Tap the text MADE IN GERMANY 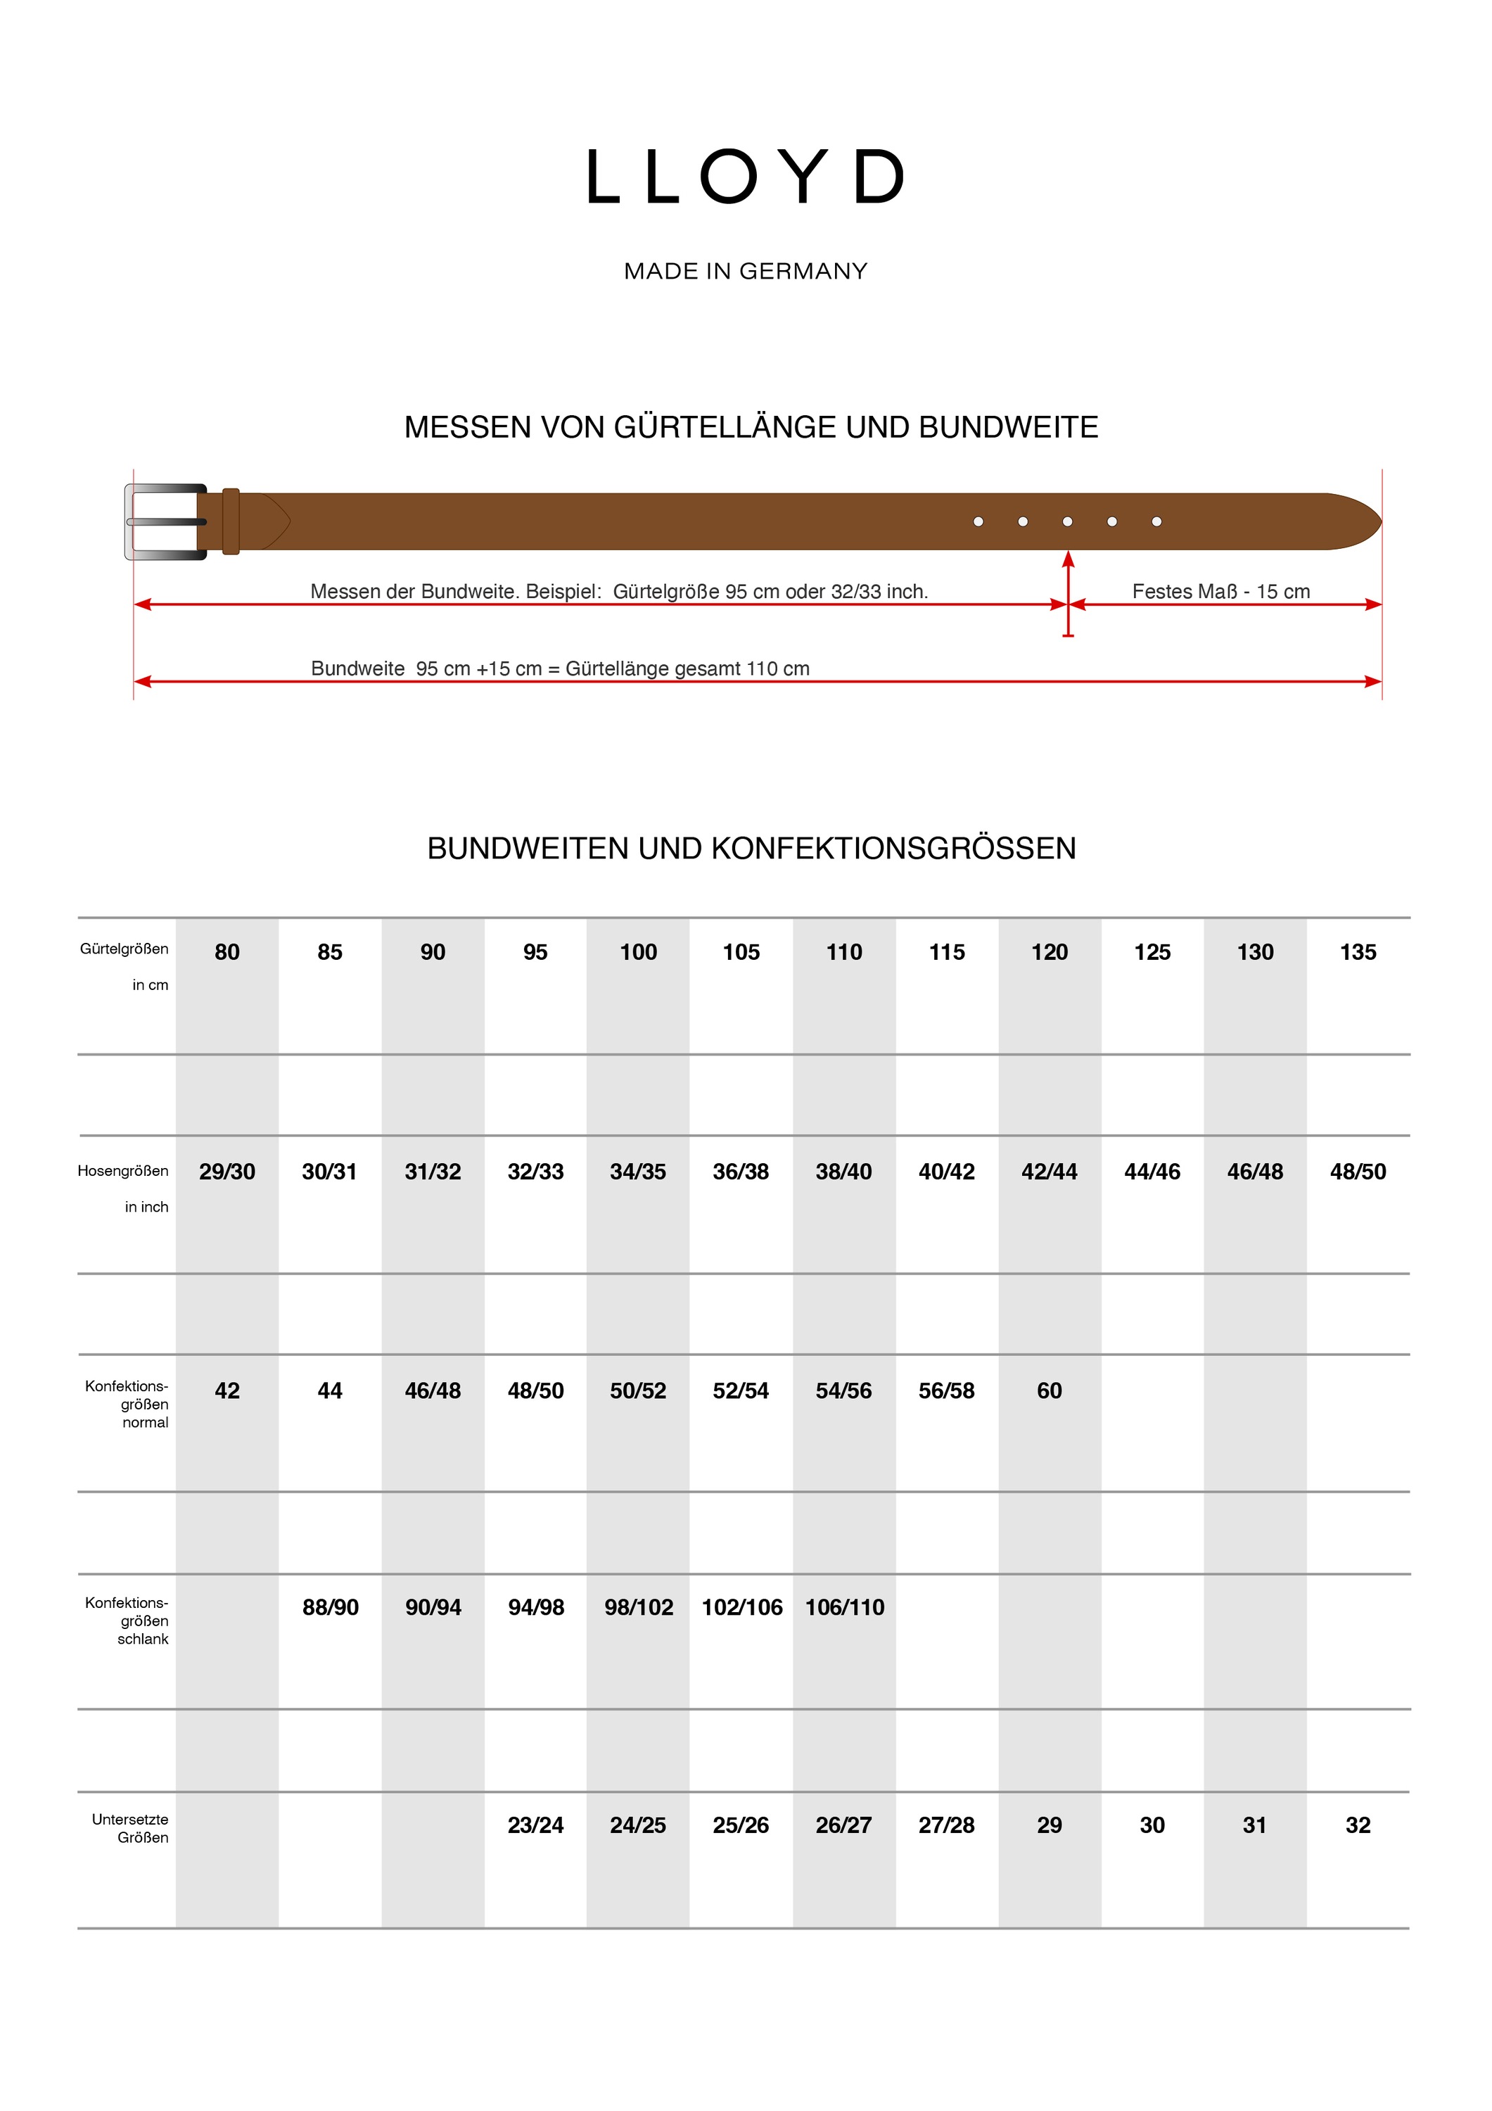746,271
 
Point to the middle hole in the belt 1067,521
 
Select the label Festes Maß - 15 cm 1220,591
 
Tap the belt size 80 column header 227,953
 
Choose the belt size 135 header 1358,953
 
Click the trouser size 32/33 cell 536,1172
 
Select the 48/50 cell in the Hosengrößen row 1358,1172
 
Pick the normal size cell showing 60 1049,1391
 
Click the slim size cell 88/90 330,1607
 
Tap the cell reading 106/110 845,1607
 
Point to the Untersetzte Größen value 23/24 536,1825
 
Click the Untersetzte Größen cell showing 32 1358,1825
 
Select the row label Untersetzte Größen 131,1828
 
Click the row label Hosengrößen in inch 124,1188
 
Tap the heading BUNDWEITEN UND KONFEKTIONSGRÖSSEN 751,848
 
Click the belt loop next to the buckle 231,521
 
